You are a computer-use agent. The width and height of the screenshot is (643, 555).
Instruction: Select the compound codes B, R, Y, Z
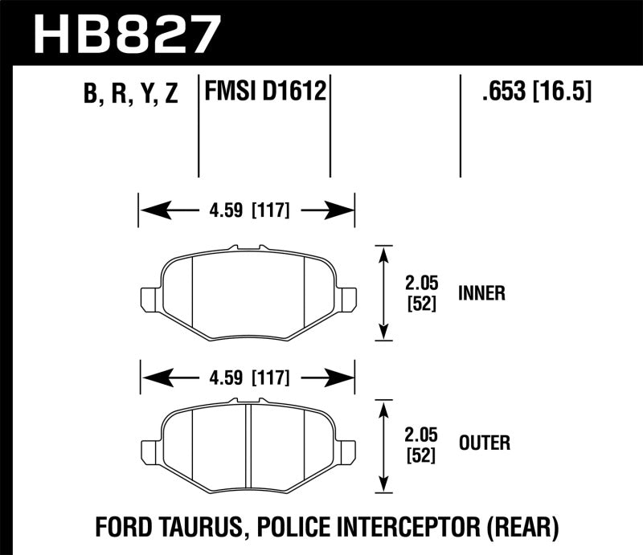130,95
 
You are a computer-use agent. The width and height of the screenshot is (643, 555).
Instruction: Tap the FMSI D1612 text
266,93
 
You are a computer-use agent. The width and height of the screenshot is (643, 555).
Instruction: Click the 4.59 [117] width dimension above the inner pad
248,211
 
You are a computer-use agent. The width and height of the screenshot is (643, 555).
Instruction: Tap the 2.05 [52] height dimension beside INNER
420,293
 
